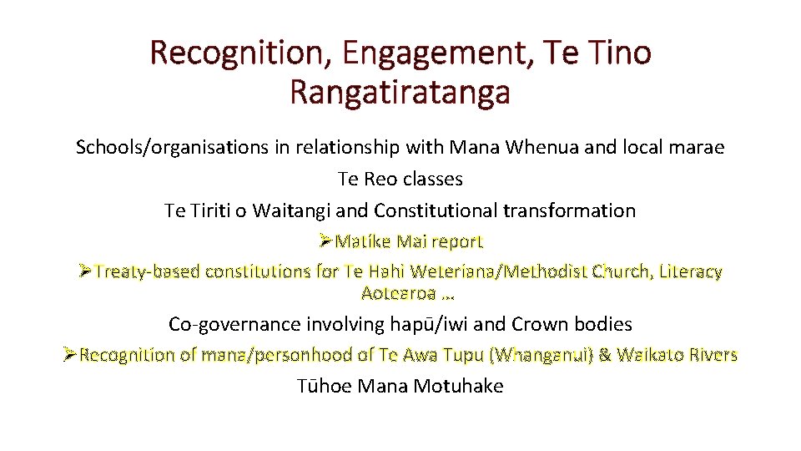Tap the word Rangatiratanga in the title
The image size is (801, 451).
click(x=400, y=91)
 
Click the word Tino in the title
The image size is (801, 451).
click(x=617, y=53)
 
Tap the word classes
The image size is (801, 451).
click(x=432, y=180)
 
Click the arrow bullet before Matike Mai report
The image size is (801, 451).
click(x=325, y=241)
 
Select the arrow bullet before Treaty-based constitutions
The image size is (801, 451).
click(x=85, y=271)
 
